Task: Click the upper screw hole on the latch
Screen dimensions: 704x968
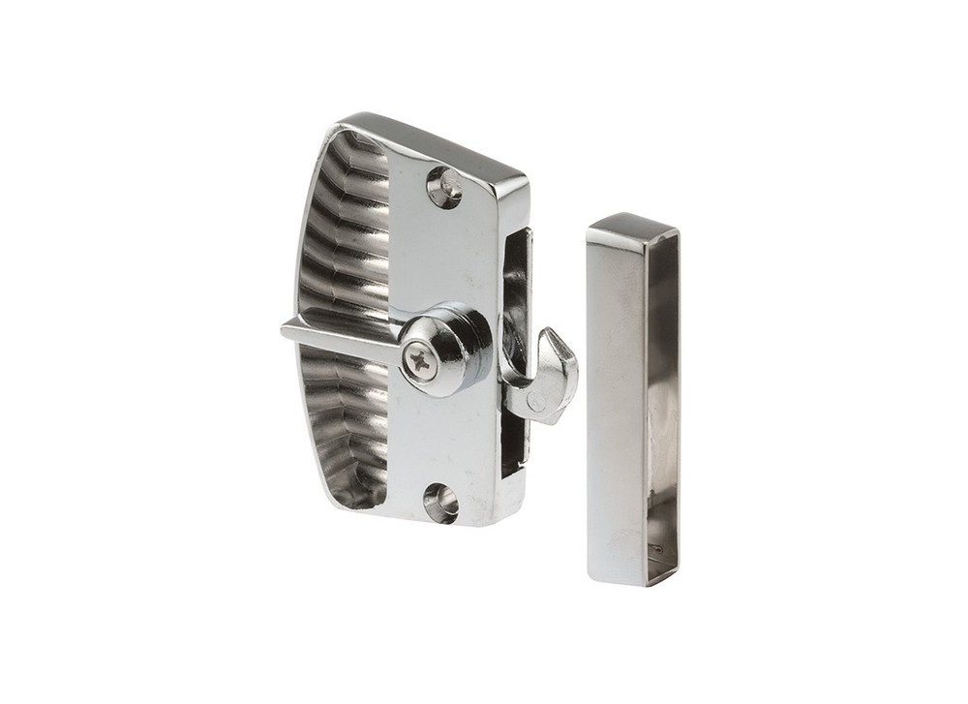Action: [x=445, y=187]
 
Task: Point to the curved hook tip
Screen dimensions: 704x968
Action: [x=551, y=338]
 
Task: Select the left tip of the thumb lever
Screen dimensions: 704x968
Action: [x=287, y=330]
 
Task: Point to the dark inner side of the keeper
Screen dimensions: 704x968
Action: [x=662, y=407]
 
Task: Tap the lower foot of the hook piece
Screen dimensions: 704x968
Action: [x=528, y=407]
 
